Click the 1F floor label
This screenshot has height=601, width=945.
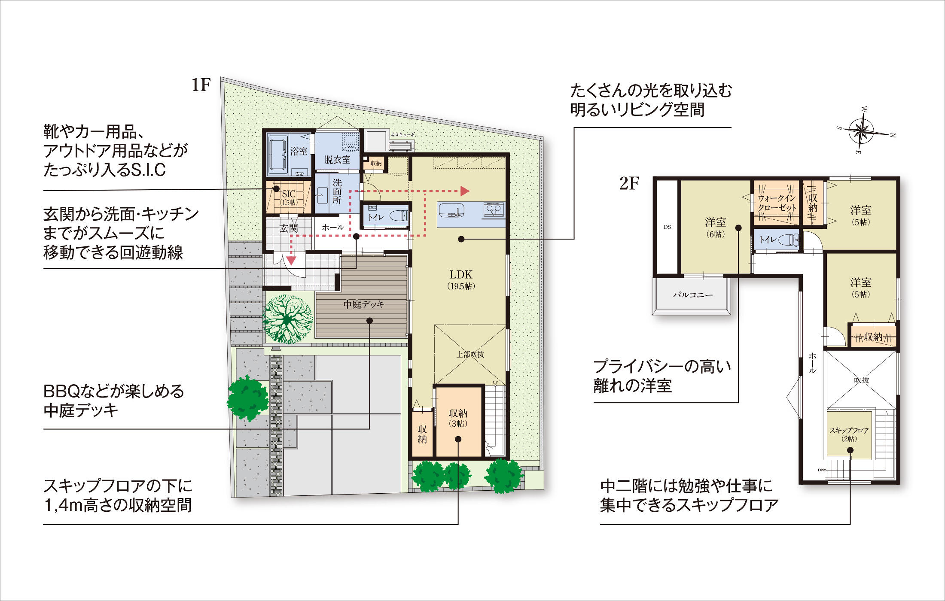coord(201,85)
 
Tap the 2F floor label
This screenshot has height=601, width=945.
coord(629,184)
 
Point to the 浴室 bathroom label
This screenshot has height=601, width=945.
coord(299,151)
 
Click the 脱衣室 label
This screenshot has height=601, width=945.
coord(337,160)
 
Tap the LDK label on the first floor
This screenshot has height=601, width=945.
coord(461,279)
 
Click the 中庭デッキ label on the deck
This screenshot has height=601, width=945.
coord(363,304)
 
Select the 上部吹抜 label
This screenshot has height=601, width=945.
coord(470,354)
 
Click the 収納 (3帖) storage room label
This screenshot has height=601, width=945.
coord(458,418)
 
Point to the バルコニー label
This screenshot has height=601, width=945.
coord(692,295)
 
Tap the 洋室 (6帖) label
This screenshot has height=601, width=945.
coord(715,228)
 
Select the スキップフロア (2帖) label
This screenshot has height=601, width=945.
coord(849,434)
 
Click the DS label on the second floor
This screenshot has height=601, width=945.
coord(667,227)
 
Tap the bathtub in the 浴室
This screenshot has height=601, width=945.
coord(277,155)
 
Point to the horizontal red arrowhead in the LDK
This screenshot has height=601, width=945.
coord(464,191)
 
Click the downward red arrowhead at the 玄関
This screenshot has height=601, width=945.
coord(292,260)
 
